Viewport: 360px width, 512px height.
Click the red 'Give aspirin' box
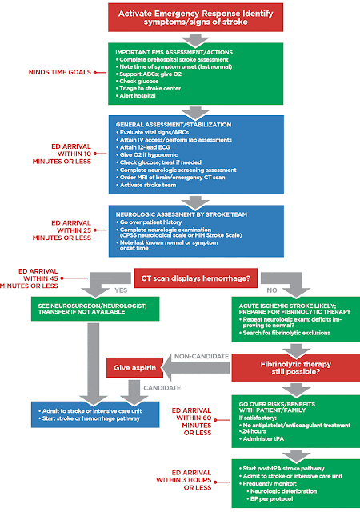tap(136, 369)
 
